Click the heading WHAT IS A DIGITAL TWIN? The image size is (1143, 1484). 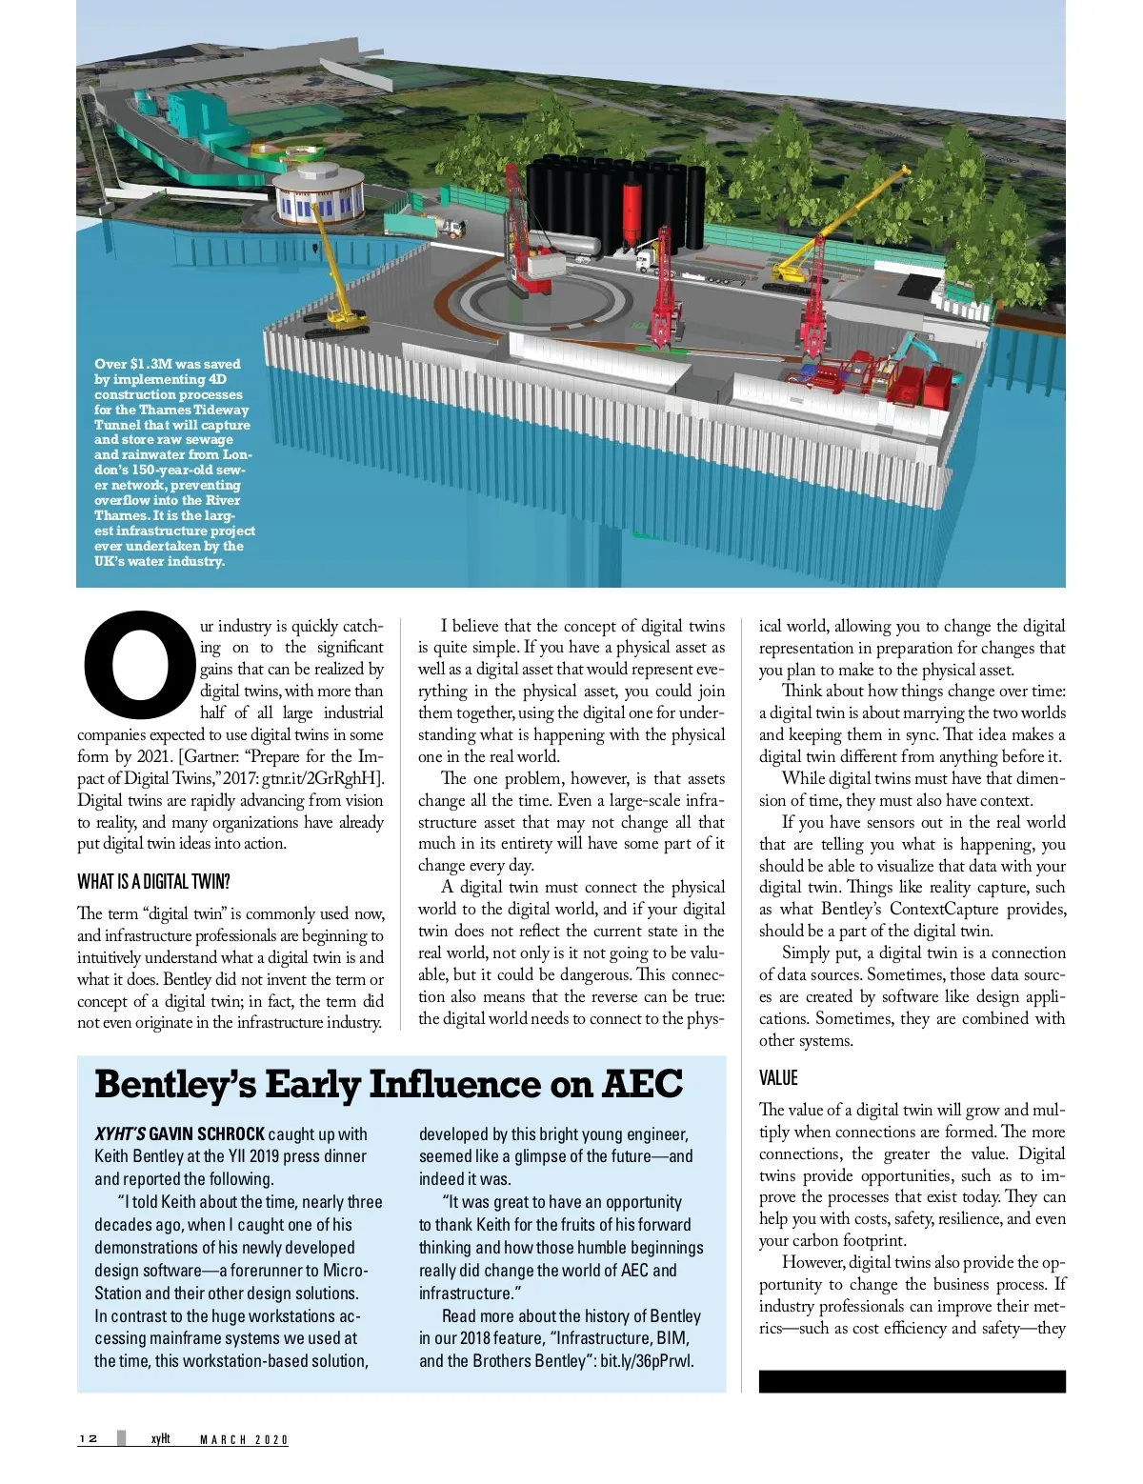click(x=153, y=881)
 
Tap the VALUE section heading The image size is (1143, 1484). click(x=778, y=1078)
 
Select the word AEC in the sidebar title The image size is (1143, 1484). click(x=643, y=1085)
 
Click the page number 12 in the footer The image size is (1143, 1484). click(x=88, y=1438)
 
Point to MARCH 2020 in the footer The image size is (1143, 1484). click(x=243, y=1439)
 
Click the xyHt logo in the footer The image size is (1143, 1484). click(x=160, y=1438)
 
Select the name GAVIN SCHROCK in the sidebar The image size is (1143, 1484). click(x=207, y=1133)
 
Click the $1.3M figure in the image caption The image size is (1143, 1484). click(x=150, y=364)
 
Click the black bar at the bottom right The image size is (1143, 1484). click(x=912, y=1381)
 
